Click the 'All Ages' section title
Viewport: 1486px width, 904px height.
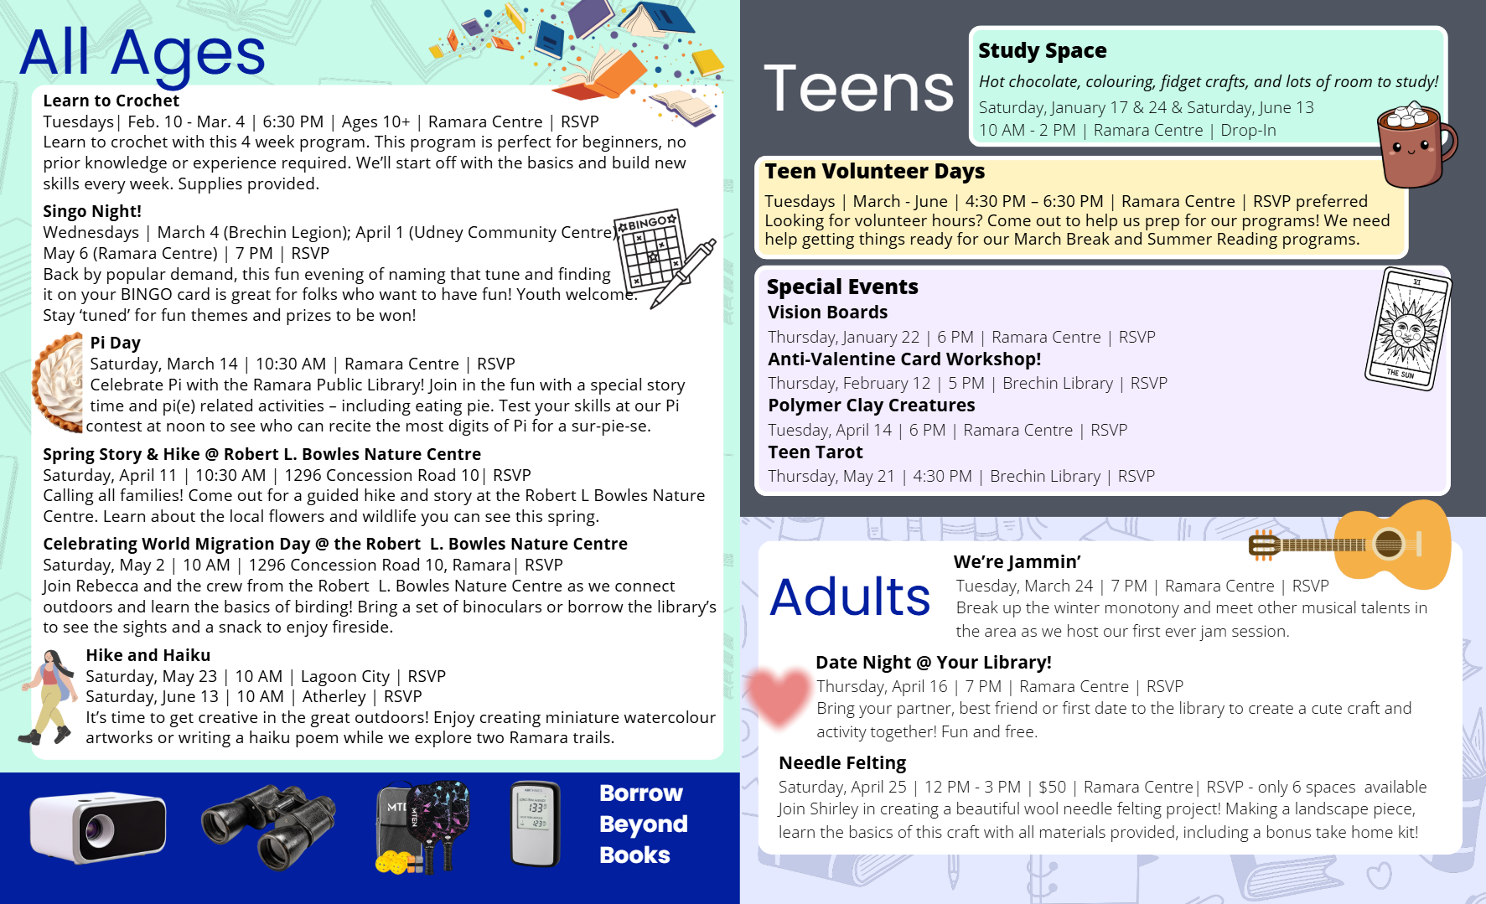point(142,53)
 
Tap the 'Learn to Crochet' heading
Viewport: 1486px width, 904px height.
point(111,101)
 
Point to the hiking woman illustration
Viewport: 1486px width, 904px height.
point(49,697)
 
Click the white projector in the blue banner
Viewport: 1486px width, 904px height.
point(98,827)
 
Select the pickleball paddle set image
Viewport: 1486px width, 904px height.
point(423,826)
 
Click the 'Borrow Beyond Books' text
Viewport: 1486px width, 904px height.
point(643,824)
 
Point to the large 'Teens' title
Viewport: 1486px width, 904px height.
point(859,89)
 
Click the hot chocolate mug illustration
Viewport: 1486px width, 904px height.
point(1415,145)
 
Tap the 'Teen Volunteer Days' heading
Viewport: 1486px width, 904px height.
point(874,171)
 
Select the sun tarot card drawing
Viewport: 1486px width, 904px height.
point(1408,328)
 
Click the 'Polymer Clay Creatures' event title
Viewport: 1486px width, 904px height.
point(871,406)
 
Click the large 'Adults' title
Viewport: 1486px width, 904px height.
point(850,597)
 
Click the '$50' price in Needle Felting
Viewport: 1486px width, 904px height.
point(1052,787)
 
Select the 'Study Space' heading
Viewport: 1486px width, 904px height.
point(1042,50)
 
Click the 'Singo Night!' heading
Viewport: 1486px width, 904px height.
point(92,211)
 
